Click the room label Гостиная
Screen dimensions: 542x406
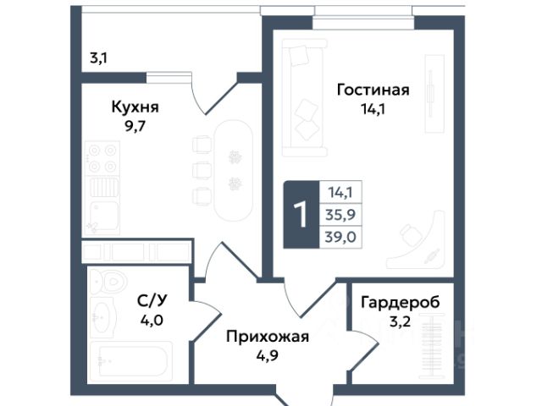coord(373,90)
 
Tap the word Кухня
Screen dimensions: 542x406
coord(135,107)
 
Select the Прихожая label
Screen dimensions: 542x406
coord(267,337)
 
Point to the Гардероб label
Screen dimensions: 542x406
coord(401,302)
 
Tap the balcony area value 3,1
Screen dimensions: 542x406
coord(98,59)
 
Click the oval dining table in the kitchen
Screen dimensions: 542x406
coord(234,167)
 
